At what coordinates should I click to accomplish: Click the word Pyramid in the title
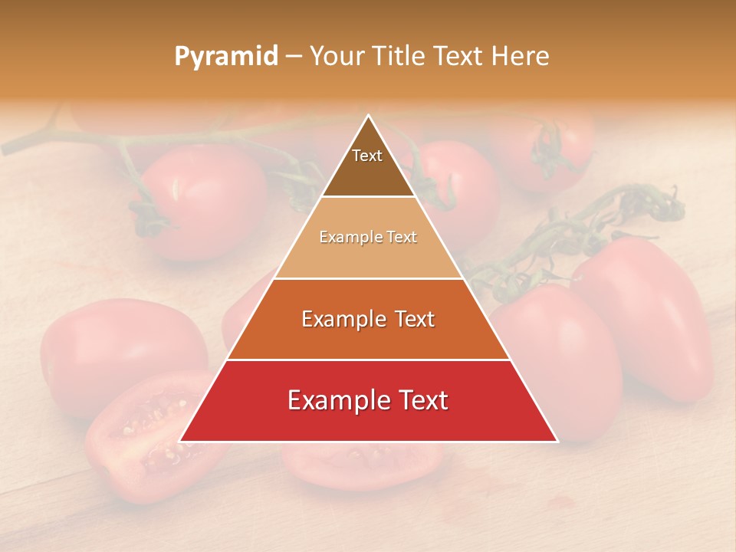point(226,57)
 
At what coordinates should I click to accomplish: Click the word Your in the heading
point(337,57)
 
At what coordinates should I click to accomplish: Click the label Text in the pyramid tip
point(367,156)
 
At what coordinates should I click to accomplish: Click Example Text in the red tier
point(368,400)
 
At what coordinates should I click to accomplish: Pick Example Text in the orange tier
point(368,319)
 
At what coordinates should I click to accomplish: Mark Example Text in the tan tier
point(368,238)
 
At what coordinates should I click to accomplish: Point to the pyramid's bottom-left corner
point(181,441)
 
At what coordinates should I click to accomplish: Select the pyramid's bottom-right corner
point(557,441)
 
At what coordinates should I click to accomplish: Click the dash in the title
point(293,57)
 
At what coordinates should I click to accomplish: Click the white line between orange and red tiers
point(368,360)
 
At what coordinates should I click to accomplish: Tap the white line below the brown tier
point(368,197)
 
